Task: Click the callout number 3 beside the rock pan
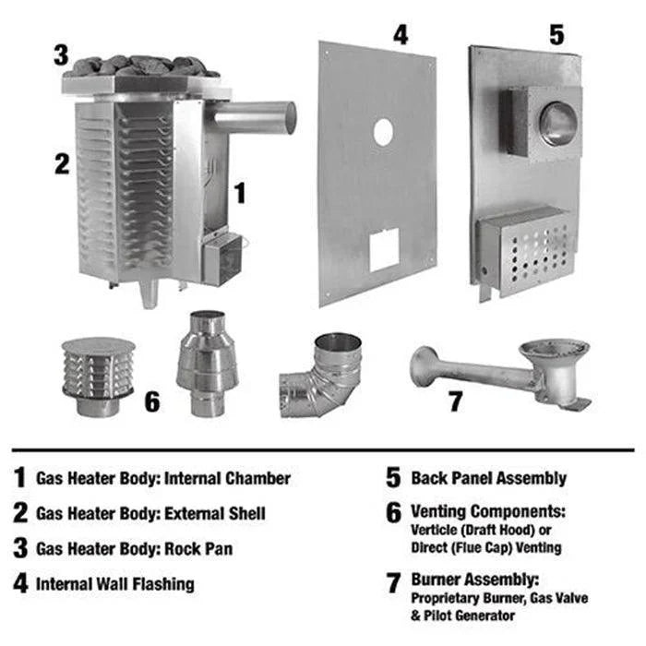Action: pyautogui.click(x=61, y=54)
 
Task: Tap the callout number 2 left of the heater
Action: pyautogui.click(x=61, y=164)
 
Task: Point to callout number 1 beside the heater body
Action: pyautogui.click(x=240, y=193)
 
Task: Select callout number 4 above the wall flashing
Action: pyautogui.click(x=399, y=34)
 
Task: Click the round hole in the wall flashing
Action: pyautogui.click(x=382, y=133)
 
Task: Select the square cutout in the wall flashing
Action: pyautogui.click(x=383, y=248)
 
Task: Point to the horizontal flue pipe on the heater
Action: pyautogui.click(x=254, y=118)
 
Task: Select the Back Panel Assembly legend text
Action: pyautogui.click(x=488, y=478)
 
